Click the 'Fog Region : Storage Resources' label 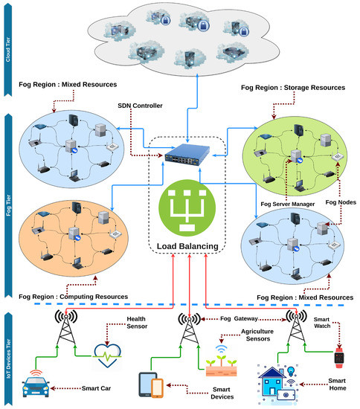click(x=293, y=88)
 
